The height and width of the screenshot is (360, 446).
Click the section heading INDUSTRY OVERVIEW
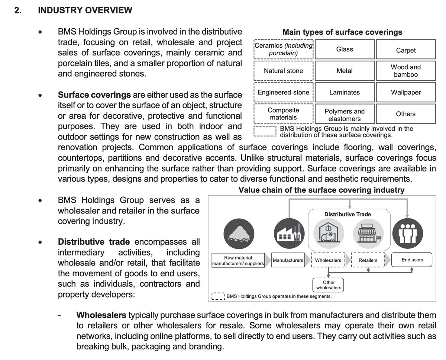tap(85, 10)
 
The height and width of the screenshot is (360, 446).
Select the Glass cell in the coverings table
tap(344, 49)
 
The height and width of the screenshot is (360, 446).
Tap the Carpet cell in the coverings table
tap(405, 50)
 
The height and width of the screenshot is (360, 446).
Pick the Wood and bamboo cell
tap(405, 71)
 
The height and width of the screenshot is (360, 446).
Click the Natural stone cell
tap(283, 71)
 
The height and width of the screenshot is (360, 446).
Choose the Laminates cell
tap(344, 92)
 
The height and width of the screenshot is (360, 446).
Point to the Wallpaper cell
tap(405, 92)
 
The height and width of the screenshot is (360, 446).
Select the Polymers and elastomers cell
tap(344, 115)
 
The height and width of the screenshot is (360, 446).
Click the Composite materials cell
tap(283, 114)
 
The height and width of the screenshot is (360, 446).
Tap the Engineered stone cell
tap(283, 92)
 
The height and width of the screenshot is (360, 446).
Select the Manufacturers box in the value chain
tap(288, 260)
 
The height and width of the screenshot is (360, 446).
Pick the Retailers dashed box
tap(368, 260)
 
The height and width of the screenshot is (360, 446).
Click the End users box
tap(412, 260)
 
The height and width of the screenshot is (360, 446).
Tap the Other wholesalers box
tap(329, 285)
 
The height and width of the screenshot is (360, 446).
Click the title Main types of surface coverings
tap(342, 32)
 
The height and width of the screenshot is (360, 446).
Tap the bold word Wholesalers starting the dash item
tap(101, 315)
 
